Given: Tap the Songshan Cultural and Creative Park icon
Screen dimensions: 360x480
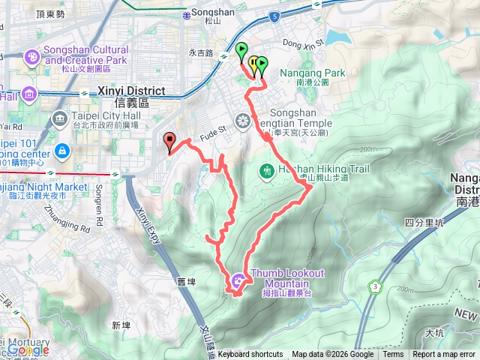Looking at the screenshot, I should (31, 56).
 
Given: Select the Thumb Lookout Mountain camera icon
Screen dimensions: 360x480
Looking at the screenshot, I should (238, 281).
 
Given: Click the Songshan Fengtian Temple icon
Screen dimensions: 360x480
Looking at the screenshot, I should (242, 120).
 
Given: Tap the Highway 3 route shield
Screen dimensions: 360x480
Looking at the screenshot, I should (374, 286).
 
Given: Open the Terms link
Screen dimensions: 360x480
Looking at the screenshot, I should (393, 355).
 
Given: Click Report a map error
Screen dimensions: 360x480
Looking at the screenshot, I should (445, 355).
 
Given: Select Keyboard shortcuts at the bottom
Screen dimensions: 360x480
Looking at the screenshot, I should (250, 355).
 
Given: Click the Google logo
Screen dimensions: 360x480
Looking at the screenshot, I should (28, 349).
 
